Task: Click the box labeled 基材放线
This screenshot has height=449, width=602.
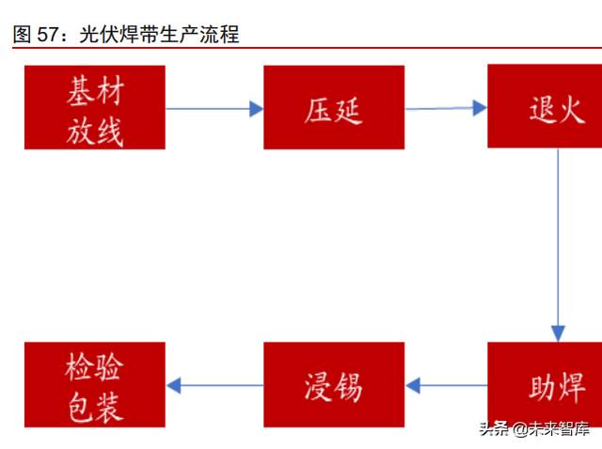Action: [x=95, y=107]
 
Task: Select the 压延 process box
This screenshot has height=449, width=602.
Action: [x=334, y=107]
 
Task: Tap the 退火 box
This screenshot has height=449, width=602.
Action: [x=545, y=106]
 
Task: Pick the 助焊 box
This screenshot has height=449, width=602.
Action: [x=545, y=384]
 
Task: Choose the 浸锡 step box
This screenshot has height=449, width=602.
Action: [x=334, y=384]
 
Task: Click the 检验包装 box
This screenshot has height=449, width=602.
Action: [x=95, y=384]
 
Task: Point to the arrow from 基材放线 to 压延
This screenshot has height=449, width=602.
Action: [x=214, y=109]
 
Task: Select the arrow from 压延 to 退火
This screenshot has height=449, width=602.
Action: [x=446, y=108]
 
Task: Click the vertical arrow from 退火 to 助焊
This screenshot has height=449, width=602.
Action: [x=558, y=245]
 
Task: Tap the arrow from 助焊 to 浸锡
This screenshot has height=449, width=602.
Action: [x=446, y=385]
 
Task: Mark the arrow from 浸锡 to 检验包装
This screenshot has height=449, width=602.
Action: [x=215, y=385]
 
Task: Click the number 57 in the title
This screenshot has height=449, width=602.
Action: [x=47, y=35]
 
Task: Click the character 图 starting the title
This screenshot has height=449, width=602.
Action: [x=22, y=34]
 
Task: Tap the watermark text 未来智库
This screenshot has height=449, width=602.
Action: [x=559, y=428]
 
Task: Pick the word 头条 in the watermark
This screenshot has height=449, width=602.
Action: [x=495, y=428]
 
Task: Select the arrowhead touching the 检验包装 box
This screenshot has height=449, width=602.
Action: [x=173, y=385]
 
